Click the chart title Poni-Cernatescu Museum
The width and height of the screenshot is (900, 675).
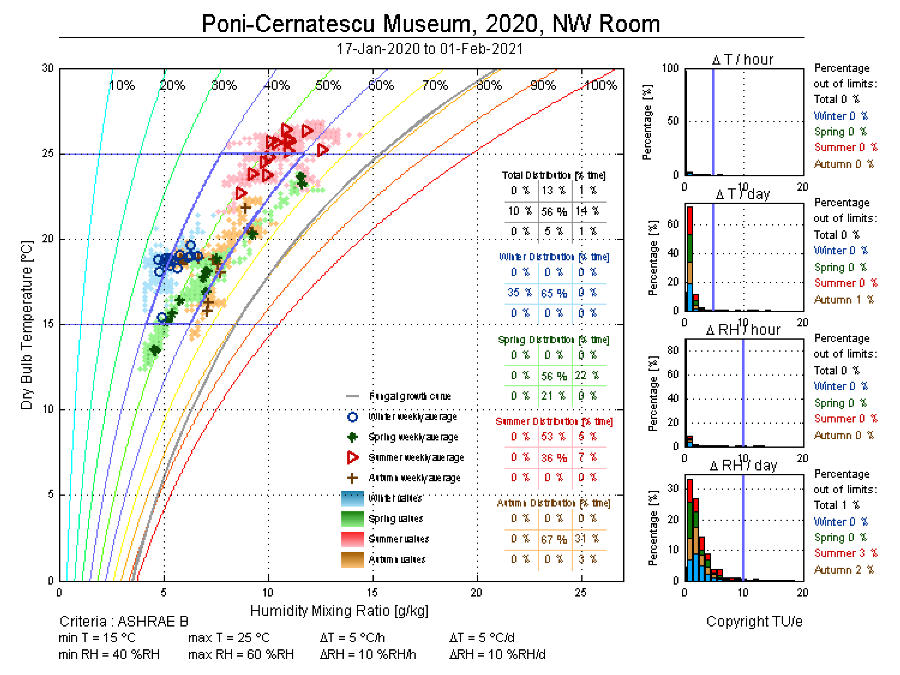click(430, 24)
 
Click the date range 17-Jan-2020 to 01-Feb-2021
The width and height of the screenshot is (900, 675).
click(430, 49)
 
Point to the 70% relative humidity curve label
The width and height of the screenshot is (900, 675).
click(435, 85)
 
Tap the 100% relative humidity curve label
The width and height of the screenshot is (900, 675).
click(600, 85)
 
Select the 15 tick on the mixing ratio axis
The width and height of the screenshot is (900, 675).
click(372, 592)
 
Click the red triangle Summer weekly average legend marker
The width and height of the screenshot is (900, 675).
click(352, 457)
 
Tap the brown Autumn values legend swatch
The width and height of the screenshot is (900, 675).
click(352, 560)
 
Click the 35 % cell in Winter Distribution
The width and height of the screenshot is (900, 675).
click(519, 292)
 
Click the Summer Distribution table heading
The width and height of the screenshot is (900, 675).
click(554, 421)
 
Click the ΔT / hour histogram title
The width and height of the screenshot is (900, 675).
click(743, 60)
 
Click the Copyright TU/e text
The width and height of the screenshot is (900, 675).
click(754, 621)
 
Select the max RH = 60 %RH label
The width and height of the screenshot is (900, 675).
click(241, 654)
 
